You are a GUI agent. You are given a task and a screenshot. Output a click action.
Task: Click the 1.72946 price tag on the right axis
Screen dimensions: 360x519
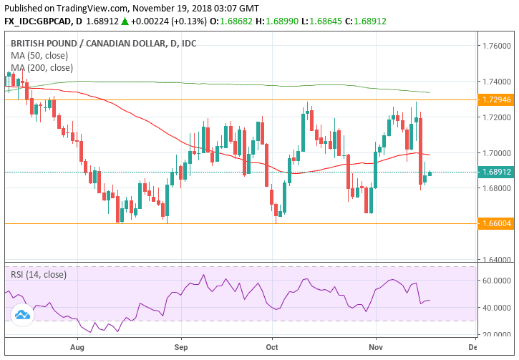click(496, 99)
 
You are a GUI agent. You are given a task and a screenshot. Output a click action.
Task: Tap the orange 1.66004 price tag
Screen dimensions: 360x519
click(496, 223)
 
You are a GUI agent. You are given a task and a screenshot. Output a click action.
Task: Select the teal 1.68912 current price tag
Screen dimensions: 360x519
click(496, 172)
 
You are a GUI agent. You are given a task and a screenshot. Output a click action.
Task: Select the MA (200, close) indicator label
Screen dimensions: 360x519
click(42, 68)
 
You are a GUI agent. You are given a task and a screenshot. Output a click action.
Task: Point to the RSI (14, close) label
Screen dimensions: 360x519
click(38, 274)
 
